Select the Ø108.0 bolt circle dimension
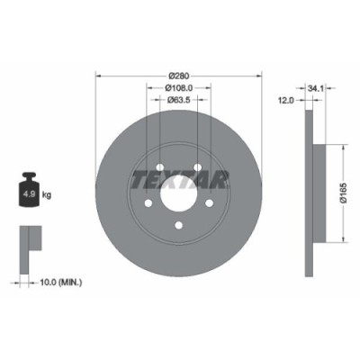[178, 87]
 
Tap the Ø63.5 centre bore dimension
[178, 100]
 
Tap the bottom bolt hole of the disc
[178, 227]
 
